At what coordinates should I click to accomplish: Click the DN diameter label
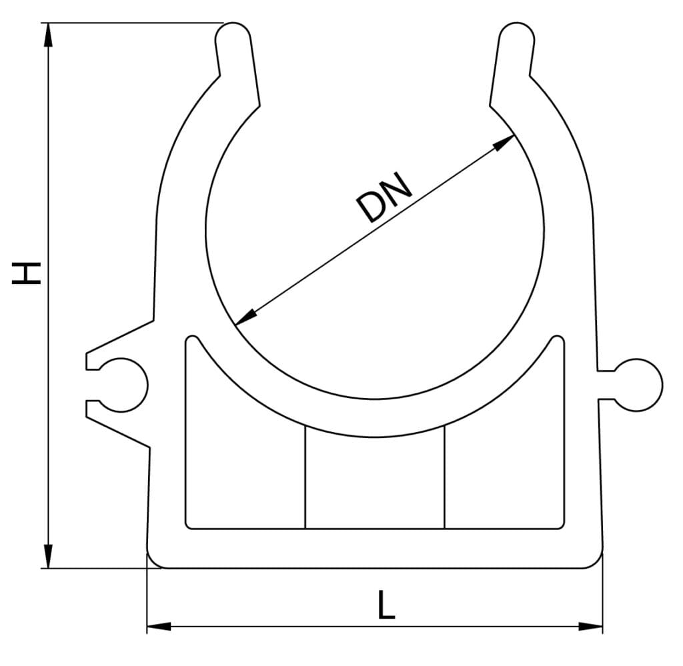[x=386, y=198]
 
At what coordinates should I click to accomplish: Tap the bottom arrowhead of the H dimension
[x=48, y=557]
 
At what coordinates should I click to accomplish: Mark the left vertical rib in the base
[x=305, y=477]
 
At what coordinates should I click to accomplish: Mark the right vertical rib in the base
[x=444, y=477]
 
